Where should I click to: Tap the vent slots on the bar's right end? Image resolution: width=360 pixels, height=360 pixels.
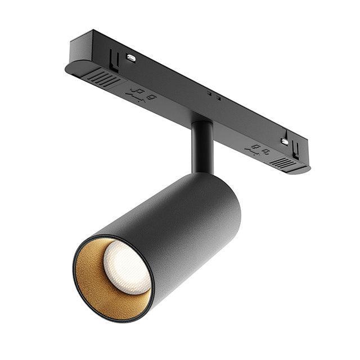pyautogui.click(x=284, y=162)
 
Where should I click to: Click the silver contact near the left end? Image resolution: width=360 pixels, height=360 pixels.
pyautogui.click(x=131, y=57)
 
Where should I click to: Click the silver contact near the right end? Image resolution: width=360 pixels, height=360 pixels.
pyautogui.click(x=285, y=142)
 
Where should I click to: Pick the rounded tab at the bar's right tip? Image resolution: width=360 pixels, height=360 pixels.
pyautogui.click(x=307, y=168)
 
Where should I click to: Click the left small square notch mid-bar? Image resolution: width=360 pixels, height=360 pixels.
pyautogui.click(x=209, y=93)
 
